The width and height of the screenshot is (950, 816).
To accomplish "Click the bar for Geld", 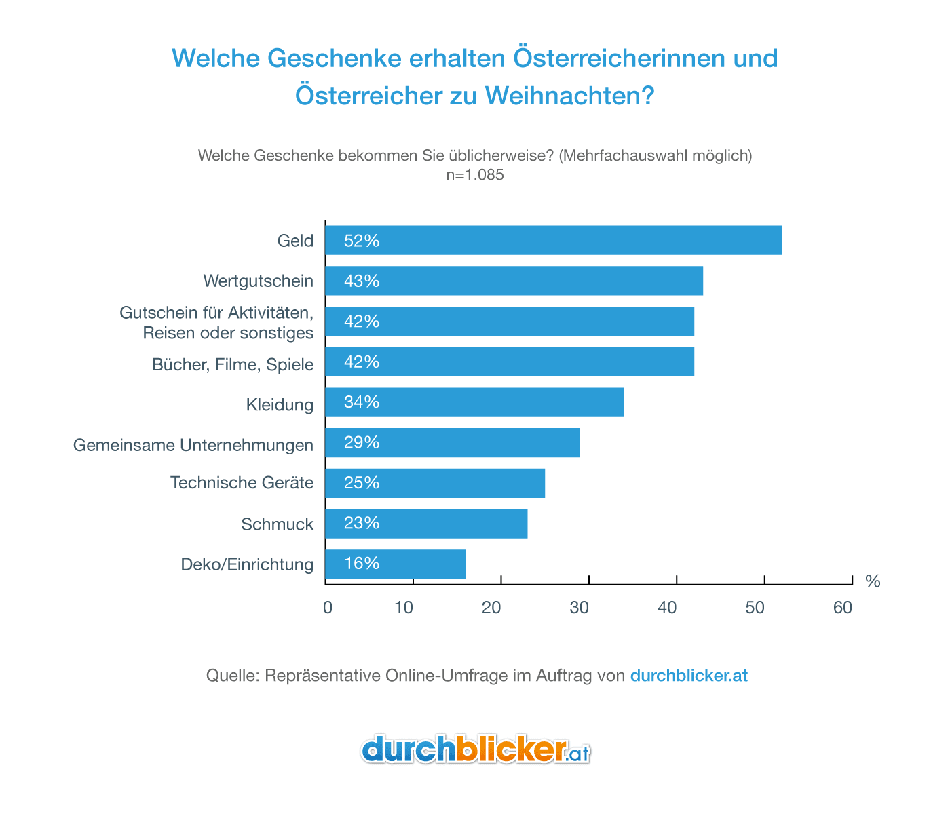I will click(x=553, y=240).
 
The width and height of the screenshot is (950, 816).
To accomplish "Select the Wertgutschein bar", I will click(x=514, y=281).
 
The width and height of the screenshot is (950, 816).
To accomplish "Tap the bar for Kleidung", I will click(x=474, y=402).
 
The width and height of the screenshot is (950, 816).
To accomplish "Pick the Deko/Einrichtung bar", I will click(x=396, y=564).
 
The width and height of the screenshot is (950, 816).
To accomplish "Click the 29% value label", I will click(x=361, y=443).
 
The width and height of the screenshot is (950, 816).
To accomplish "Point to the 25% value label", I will click(x=361, y=483).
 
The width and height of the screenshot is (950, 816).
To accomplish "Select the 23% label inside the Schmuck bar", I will click(x=361, y=524).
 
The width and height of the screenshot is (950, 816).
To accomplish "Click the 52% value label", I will click(x=361, y=241).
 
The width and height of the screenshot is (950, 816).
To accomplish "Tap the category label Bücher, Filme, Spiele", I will click(x=233, y=365).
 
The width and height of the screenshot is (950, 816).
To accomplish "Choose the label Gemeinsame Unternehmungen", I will click(x=193, y=446).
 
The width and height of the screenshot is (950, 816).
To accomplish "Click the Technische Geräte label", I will click(x=242, y=483).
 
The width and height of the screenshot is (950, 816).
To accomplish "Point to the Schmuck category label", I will click(x=277, y=524).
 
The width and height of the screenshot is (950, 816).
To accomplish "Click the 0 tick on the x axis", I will click(x=328, y=608).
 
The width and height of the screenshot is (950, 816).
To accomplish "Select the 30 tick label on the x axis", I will click(x=579, y=608).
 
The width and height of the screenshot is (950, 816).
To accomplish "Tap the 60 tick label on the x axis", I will click(x=843, y=608).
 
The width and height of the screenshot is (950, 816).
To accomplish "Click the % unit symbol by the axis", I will click(x=873, y=581).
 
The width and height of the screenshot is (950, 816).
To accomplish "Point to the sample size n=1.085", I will click(x=475, y=175).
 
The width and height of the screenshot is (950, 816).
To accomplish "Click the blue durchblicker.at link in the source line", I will click(x=689, y=676).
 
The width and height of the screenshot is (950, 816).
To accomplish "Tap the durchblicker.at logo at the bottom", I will click(x=475, y=750).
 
